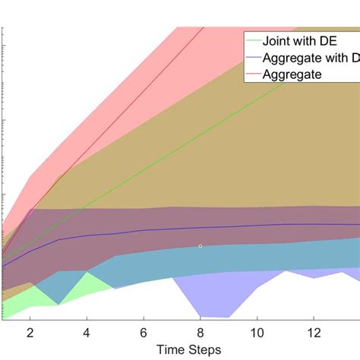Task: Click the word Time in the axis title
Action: tap(172, 349)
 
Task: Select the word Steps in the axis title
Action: tap(205, 349)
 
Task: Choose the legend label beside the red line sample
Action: tap(292, 74)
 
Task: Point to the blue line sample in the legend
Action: tap(252, 58)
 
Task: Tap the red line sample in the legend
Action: tap(252, 74)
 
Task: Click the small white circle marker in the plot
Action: tap(201, 246)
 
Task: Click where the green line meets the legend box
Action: tap(287, 83)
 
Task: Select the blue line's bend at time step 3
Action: tap(59, 239)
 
